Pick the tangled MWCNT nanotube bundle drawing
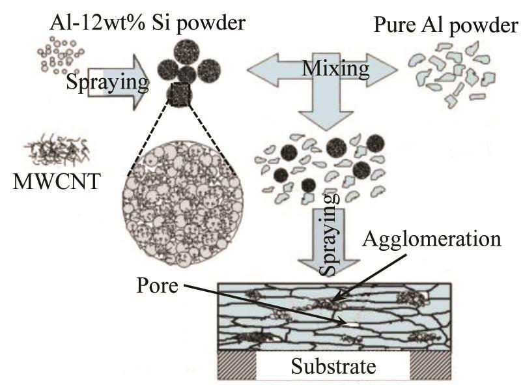coord(55,149)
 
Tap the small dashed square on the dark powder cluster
coord(178,95)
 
